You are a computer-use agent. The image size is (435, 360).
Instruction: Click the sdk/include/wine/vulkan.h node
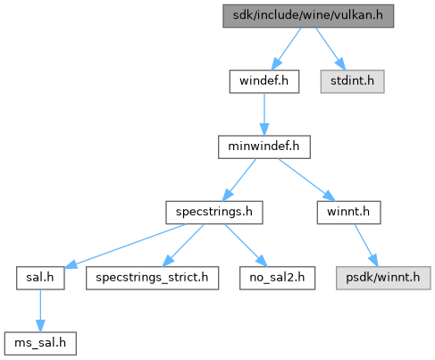coord(308,16)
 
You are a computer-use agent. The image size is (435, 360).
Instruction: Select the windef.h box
coord(264,81)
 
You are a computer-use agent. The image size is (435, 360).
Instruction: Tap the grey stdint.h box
coord(352,81)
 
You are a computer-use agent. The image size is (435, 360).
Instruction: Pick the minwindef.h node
coord(264,147)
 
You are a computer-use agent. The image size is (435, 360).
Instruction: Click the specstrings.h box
coord(214,213)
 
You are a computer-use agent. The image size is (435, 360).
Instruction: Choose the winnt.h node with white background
coord(348,213)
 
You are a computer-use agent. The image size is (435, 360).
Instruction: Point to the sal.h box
coord(40,278)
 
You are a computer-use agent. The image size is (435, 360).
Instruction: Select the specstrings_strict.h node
coord(152,278)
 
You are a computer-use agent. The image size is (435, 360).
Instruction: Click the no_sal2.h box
coord(277,278)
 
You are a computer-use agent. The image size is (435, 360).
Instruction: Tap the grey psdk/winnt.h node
coord(383,278)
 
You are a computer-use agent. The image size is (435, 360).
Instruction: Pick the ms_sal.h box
coord(40,343)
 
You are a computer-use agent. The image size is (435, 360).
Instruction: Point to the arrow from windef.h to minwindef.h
coord(264,114)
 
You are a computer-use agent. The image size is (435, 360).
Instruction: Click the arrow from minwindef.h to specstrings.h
coord(239,180)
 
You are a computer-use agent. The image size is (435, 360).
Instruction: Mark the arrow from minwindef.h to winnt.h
coord(306,180)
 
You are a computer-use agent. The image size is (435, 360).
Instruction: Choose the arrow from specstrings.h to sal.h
coord(125,246)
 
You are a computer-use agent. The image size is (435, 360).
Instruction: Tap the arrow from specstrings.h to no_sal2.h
coord(246,246)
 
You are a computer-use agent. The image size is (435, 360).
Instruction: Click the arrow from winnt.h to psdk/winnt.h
coord(366,246)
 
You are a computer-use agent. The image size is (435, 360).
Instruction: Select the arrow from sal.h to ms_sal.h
coord(40,311)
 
